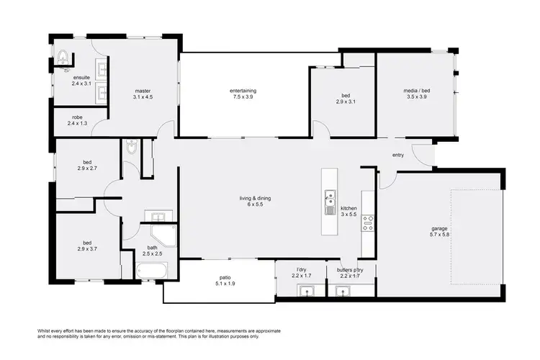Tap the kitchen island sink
[330, 196]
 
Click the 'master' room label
[143, 91]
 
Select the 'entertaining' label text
[243, 91]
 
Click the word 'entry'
[398, 156]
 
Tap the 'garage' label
[439, 229]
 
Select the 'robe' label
[77, 118]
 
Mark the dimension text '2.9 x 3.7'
[86, 248]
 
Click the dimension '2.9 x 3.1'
[346, 102]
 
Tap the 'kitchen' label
[348, 207]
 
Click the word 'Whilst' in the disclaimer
[45, 329]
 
